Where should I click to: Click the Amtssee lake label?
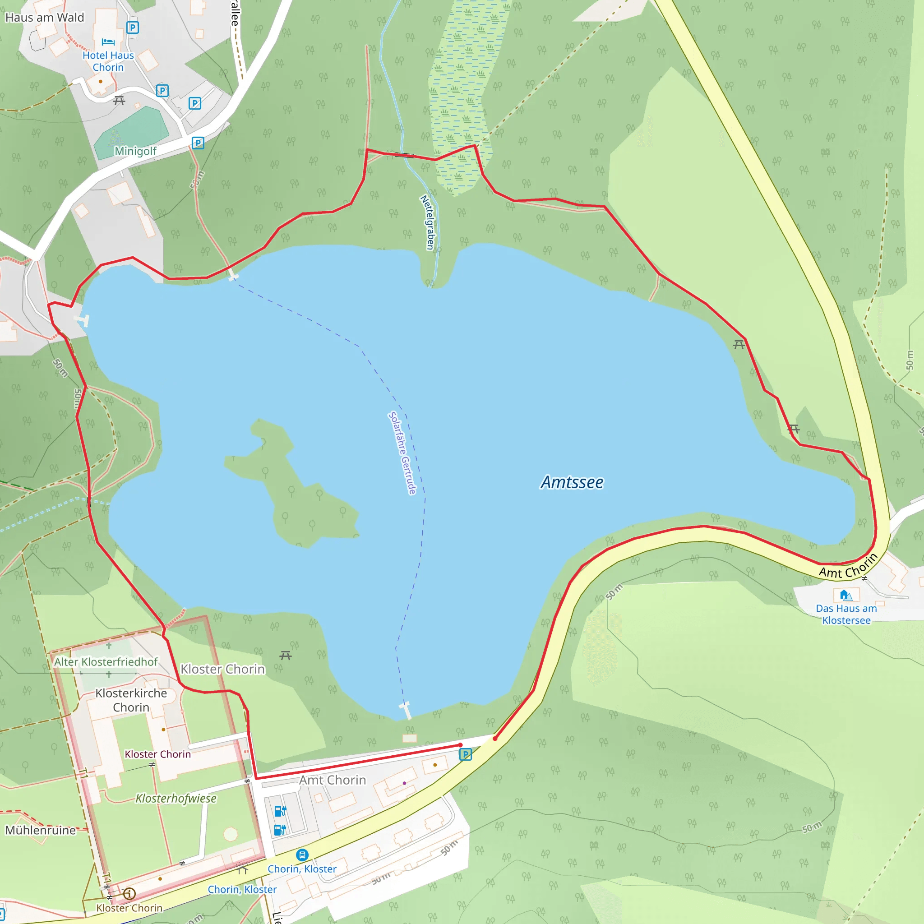572,482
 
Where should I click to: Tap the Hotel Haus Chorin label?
108,61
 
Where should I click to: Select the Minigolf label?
135,151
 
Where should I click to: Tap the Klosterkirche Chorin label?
131,700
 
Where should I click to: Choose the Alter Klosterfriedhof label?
106,662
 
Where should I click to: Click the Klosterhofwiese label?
176,798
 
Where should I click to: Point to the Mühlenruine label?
40,830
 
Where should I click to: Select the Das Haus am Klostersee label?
846,614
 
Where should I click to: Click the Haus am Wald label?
45,18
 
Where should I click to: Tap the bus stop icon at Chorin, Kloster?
302,855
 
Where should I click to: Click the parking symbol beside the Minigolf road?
198,143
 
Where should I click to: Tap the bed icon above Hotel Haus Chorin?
108,42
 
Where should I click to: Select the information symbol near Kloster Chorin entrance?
129,893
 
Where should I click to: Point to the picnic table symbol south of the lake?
286,655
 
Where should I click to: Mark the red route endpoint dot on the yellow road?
495,739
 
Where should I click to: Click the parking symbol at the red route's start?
465,755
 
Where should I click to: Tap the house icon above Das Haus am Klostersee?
845,595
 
